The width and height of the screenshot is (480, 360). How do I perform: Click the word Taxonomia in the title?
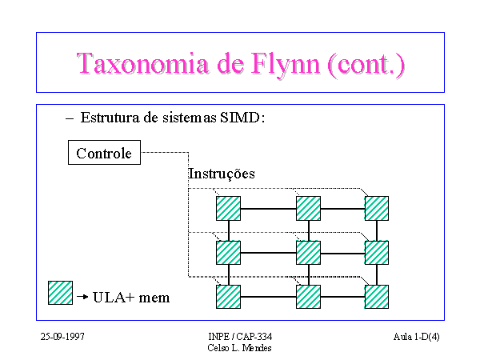[x=143, y=63]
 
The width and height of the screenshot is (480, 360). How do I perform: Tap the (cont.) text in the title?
[x=366, y=65]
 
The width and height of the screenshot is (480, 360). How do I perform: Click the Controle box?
[x=104, y=153]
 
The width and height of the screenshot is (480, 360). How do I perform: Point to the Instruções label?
[x=222, y=174]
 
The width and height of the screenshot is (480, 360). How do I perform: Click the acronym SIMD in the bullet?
[x=240, y=118]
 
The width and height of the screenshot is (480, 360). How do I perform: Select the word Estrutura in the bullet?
[x=110, y=118]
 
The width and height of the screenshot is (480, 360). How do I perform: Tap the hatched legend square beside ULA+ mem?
[x=60, y=293]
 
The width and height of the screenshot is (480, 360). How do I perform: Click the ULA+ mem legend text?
[x=131, y=298]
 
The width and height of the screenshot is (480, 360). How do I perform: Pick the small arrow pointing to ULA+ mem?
[x=82, y=297]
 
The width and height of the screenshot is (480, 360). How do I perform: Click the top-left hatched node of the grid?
[x=228, y=209]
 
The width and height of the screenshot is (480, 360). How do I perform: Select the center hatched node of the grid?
[x=308, y=253]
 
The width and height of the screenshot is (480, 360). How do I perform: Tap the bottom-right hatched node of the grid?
[x=377, y=297]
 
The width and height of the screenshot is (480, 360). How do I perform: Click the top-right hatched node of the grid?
[x=377, y=209]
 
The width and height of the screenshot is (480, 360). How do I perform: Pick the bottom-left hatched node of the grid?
[x=228, y=297]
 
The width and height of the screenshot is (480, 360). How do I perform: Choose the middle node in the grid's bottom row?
[x=308, y=297]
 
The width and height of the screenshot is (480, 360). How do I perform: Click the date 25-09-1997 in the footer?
[x=62, y=337]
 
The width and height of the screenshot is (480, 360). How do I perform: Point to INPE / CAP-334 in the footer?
[x=240, y=337]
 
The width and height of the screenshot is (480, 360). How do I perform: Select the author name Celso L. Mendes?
[x=239, y=348]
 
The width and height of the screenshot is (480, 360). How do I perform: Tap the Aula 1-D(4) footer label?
[x=416, y=337]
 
